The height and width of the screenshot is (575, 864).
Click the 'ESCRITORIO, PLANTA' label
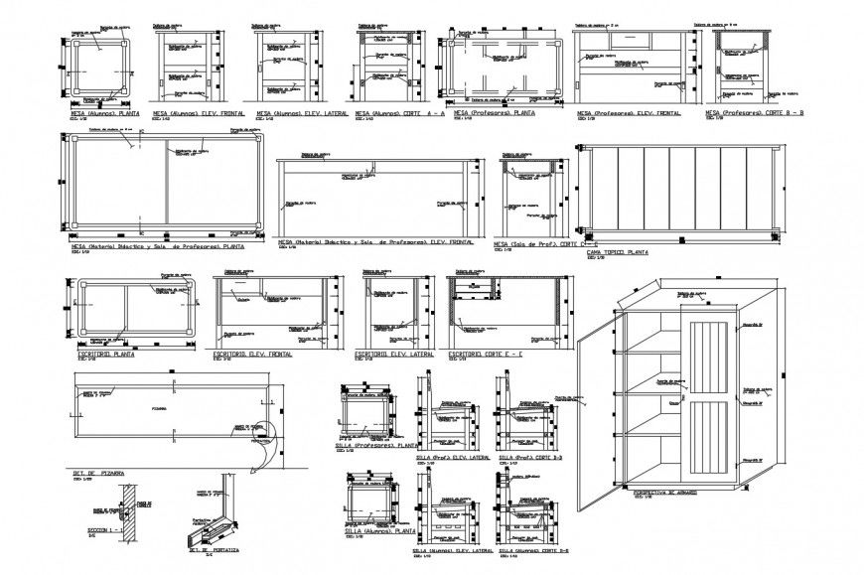(104, 354)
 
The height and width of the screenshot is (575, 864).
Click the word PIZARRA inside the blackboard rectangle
(159, 408)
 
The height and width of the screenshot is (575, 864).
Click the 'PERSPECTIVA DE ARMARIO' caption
(665, 492)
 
